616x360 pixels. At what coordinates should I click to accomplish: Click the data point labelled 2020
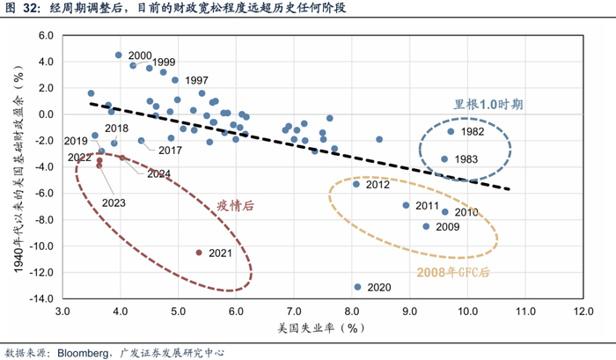point(357,287)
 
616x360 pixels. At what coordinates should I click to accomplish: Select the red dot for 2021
point(199,253)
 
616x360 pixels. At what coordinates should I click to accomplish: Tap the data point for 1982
point(451,132)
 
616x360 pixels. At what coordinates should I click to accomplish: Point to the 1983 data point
point(444,159)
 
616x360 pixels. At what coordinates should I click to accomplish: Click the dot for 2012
point(356,184)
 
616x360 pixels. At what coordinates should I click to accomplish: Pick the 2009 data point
point(426,226)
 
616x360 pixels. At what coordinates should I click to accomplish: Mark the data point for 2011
point(406,205)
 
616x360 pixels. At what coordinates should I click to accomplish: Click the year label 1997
point(196,81)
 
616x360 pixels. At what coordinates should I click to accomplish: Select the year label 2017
point(170,151)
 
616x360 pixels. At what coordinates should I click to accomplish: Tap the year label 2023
point(114,202)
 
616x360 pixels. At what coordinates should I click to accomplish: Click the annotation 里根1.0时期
point(488,105)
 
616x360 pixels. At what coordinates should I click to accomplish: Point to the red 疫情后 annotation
point(235,206)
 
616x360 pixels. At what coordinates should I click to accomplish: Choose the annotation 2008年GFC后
point(453,272)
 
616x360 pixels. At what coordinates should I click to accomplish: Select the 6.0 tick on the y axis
point(46,35)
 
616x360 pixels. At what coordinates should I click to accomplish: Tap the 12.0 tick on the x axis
point(583,312)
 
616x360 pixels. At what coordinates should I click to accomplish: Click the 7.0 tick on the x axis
point(294,312)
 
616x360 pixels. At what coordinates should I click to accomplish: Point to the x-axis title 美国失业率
point(306,327)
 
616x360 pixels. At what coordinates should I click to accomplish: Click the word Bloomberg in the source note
point(83,353)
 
